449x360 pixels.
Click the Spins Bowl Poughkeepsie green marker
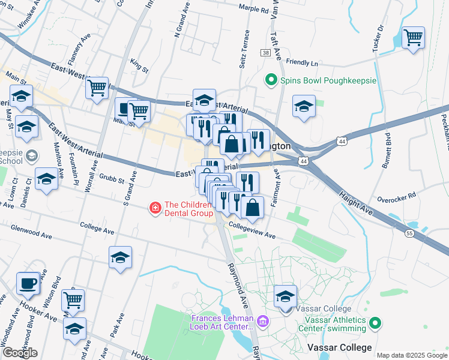coord(271,80)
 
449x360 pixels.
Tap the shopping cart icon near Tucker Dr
coord(413,38)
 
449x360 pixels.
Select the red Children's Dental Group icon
coord(155,208)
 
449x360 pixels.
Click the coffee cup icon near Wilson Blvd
coord(28,283)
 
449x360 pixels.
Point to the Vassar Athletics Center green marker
coord(375,323)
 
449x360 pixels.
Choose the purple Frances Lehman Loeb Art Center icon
coord(262,323)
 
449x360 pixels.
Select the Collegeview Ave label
coord(250,231)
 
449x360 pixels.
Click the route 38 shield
coord(265,53)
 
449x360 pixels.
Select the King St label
coord(139,66)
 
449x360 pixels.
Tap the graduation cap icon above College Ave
coord(120,257)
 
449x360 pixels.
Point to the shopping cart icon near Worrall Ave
coord(97,88)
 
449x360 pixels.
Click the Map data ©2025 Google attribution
coord(412,355)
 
